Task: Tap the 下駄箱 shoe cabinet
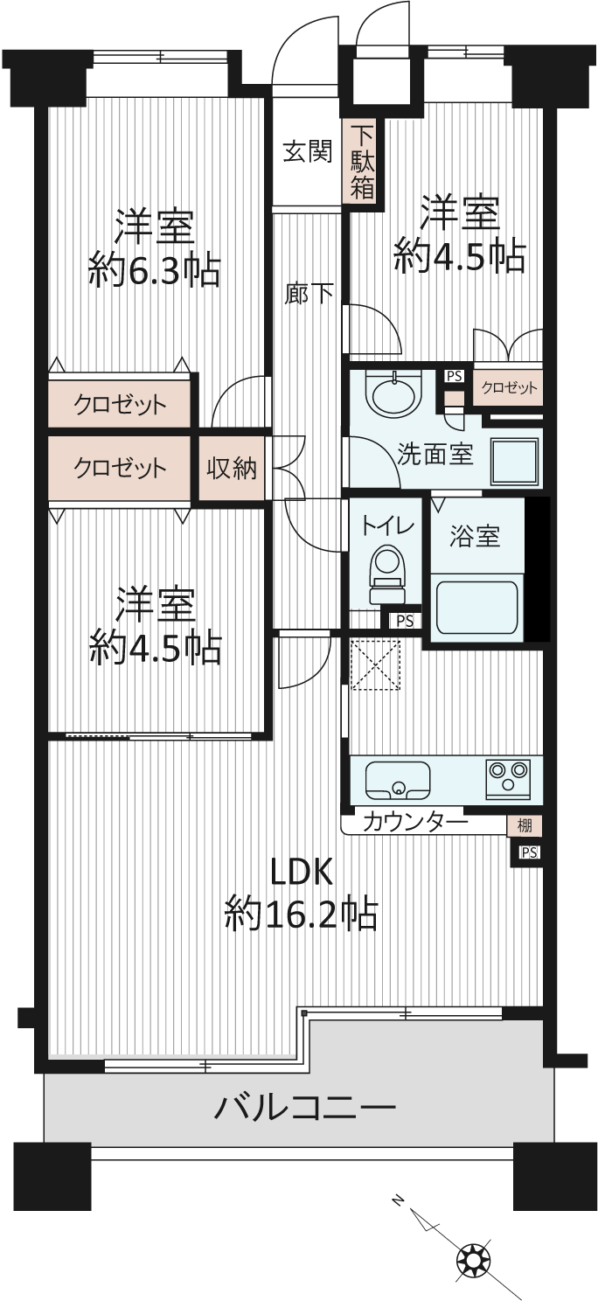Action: pos(362,163)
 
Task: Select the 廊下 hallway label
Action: pos(309,294)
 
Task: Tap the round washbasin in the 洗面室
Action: pos(395,391)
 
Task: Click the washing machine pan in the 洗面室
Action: pos(512,457)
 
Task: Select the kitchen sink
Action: pos(398,778)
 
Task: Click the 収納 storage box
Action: pos(232,469)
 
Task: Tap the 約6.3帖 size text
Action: pos(154,272)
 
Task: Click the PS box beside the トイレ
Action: pos(403,621)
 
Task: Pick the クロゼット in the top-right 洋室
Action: pos(509,387)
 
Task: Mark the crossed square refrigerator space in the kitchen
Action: pos(374,664)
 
